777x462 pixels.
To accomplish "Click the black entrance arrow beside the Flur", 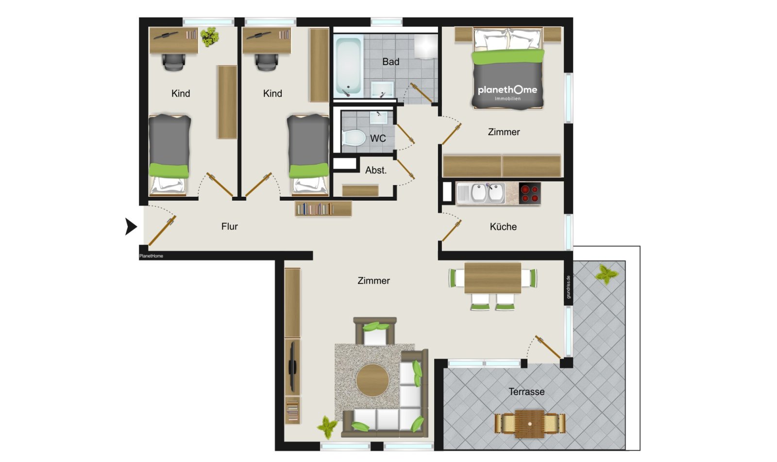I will [x=131, y=226].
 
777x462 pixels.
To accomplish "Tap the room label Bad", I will [x=390, y=62].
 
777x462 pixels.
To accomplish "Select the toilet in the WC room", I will [x=354, y=138].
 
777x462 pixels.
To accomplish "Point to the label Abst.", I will [x=376, y=170].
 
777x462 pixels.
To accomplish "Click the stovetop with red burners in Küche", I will [x=529, y=193].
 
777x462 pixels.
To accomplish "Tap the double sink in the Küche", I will [x=487, y=193].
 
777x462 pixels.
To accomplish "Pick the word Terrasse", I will [x=526, y=392].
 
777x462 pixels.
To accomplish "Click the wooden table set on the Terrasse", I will [x=529, y=423].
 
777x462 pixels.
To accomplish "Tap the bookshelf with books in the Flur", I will [x=323, y=209].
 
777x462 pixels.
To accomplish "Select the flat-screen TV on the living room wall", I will [x=293, y=367].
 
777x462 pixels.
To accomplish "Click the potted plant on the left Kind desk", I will [x=210, y=36].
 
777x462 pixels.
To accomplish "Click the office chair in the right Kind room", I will [x=266, y=62].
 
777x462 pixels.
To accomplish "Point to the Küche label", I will [x=503, y=226].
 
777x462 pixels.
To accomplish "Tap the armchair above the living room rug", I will [x=375, y=331].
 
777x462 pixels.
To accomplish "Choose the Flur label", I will [x=229, y=226].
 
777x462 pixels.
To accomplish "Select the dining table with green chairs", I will [x=492, y=277].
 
